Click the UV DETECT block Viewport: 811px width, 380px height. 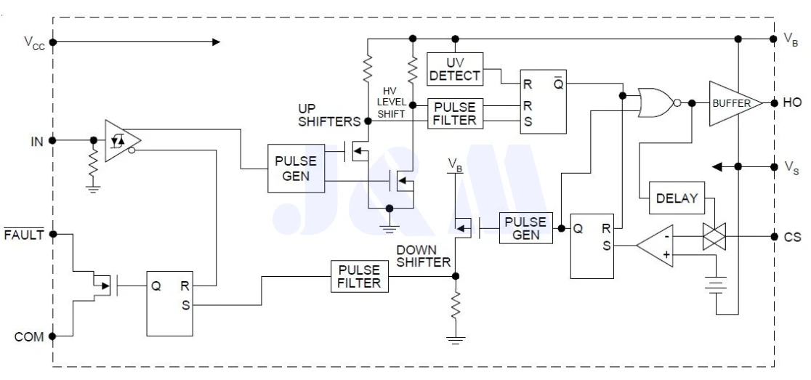click(x=453, y=68)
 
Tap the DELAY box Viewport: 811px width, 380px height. click(x=676, y=198)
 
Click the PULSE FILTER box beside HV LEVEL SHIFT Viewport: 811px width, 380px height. click(x=455, y=113)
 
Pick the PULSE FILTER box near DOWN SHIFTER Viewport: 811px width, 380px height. click(x=358, y=275)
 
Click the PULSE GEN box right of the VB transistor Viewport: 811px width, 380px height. click(x=525, y=227)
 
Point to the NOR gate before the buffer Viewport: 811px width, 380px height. click(x=655, y=103)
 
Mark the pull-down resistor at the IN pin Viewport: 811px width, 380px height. click(x=94, y=166)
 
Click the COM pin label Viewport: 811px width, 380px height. click(x=30, y=336)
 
